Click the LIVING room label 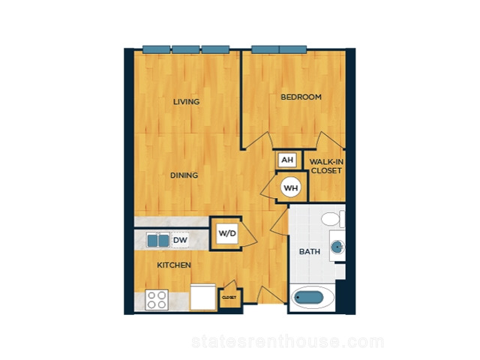click(186, 102)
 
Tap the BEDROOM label click(301, 97)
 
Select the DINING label click(184, 175)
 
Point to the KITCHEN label click(174, 265)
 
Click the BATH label click(310, 252)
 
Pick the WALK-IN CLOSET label click(326, 166)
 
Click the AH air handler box click(287, 160)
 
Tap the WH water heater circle click(291, 187)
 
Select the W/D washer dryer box click(227, 233)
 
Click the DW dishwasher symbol click(180, 240)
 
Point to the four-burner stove click(157, 300)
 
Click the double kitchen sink click(158, 240)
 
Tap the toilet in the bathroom click(333, 219)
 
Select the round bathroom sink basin click(337, 247)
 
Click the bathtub click(312, 297)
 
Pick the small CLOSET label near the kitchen click(229, 298)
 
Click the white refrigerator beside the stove click(202, 297)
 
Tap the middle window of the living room click(185, 49)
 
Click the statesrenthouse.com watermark click(288, 342)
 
